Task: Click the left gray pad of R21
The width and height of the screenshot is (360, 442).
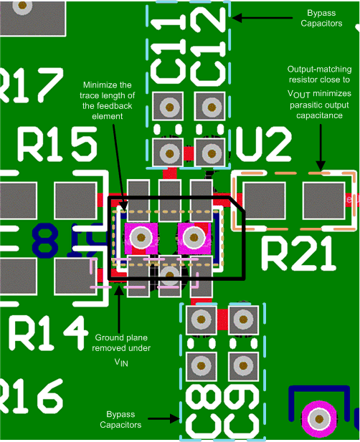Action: (x=264, y=200)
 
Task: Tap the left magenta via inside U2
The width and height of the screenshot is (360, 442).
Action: (x=141, y=236)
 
